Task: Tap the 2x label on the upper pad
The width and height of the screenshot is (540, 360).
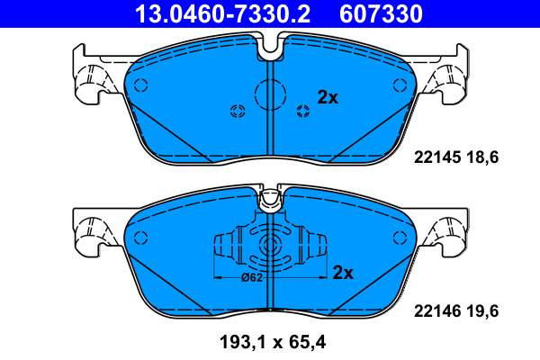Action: pyautogui.click(x=327, y=97)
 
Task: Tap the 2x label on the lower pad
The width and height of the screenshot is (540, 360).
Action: pyautogui.click(x=343, y=272)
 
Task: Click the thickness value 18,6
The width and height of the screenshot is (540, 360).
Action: pyautogui.click(x=481, y=157)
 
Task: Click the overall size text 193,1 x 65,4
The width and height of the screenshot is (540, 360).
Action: pyautogui.click(x=270, y=343)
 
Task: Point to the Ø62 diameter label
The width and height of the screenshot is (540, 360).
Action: pyautogui.click(x=253, y=277)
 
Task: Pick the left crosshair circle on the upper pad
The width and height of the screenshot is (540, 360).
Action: pyautogui.click(x=238, y=112)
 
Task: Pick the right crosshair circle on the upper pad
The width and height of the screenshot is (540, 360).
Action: pyautogui.click(x=302, y=112)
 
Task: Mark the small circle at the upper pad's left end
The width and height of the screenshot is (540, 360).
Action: pyautogui.click(x=139, y=85)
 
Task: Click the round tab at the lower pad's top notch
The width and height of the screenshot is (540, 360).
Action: pyautogui.click(x=270, y=200)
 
